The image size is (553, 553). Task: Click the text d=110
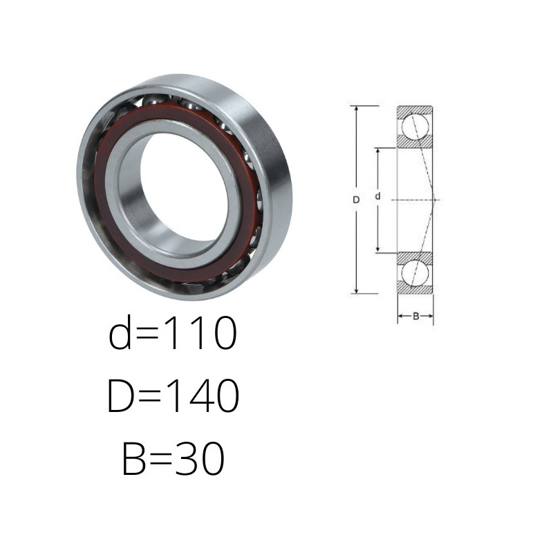click(172, 332)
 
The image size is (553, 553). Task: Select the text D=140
click(174, 395)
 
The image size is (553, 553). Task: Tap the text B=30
click(174, 458)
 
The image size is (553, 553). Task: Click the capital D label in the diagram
click(356, 200)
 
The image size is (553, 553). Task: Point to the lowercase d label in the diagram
click(377, 196)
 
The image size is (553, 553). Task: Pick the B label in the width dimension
click(416, 316)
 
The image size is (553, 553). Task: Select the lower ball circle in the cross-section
click(415, 273)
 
